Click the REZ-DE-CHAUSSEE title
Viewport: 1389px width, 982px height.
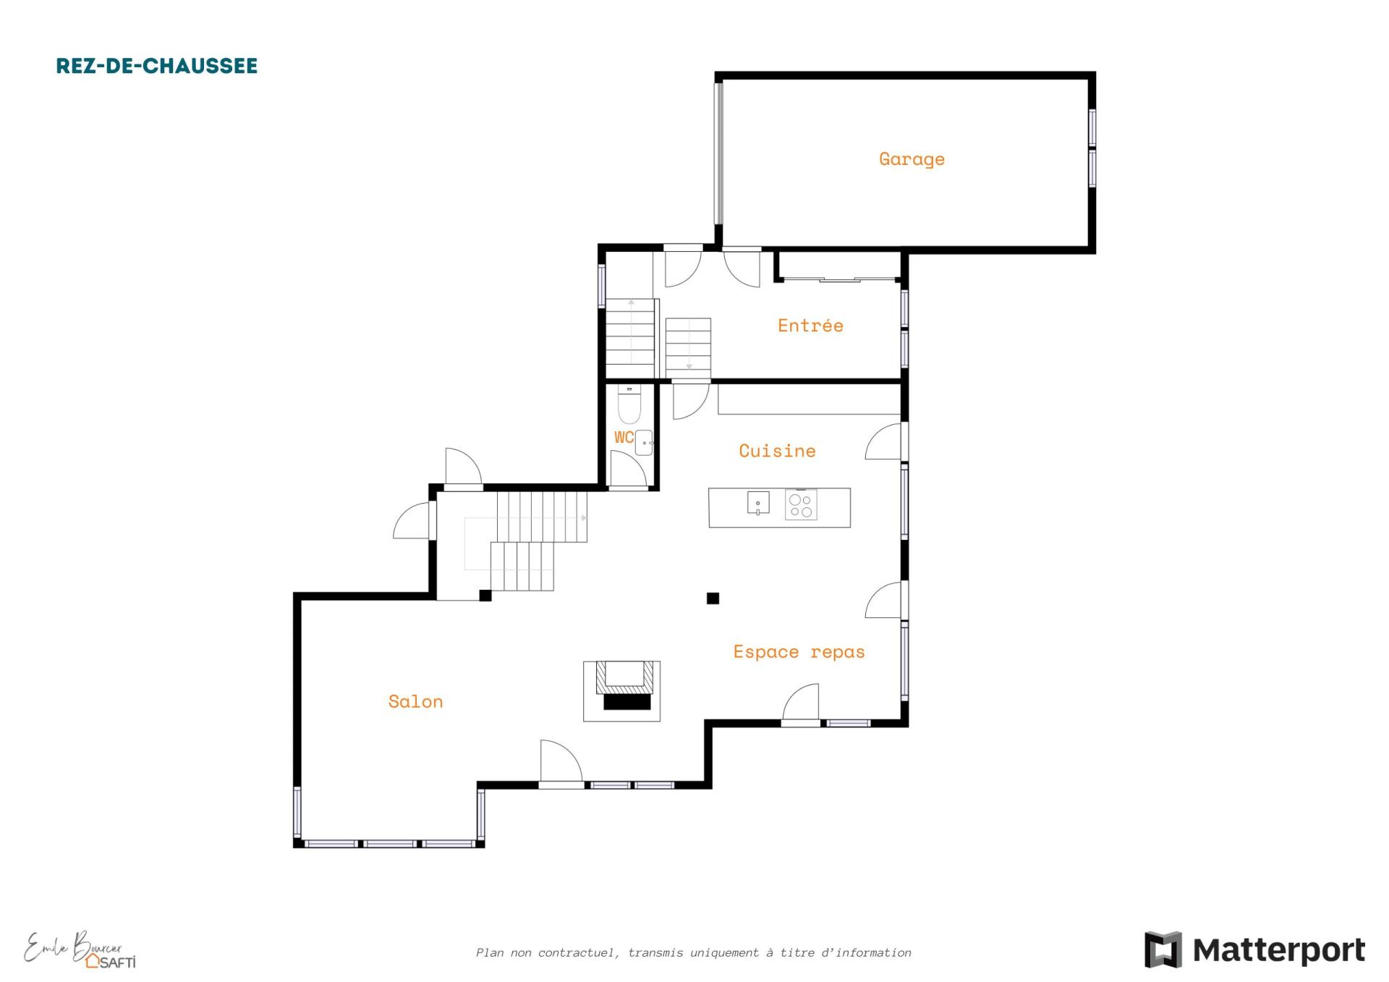coord(157,66)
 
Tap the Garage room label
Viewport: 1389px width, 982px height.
coord(912,159)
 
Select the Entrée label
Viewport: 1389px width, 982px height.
coord(810,325)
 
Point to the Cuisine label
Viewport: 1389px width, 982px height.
coord(777,450)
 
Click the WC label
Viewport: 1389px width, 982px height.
coord(624,437)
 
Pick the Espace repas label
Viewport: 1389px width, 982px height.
coord(799,651)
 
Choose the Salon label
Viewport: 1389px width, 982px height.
coord(415,700)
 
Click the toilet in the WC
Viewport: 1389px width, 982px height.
coord(629,405)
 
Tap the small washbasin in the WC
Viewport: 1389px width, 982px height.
coord(644,443)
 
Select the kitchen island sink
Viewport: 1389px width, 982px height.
coord(758,503)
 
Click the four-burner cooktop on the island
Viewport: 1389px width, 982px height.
coord(801,504)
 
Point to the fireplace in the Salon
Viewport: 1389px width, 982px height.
coord(622,691)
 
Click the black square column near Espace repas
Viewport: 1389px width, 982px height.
coord(713,598)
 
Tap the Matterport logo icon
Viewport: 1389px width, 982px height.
coord(1163,949)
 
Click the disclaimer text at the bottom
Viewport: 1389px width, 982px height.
coord(694,952)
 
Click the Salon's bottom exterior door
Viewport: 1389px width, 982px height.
coord(561,763)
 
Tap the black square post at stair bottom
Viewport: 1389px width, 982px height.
coord(485,596)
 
